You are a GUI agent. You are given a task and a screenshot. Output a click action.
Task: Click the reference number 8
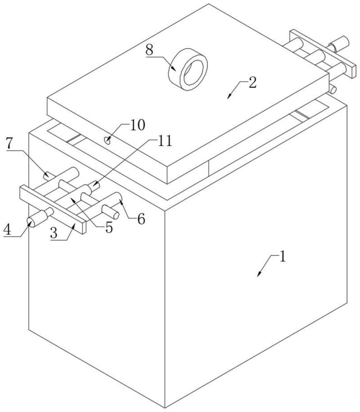149,50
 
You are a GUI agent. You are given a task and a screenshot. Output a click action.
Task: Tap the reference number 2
252,83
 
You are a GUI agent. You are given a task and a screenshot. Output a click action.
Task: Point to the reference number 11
164,141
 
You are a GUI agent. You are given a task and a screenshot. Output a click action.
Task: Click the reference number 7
9,143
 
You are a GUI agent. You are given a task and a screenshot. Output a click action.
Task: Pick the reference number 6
141,219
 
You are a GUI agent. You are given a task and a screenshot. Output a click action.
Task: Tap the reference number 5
109,227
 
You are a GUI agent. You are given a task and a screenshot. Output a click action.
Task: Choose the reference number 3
54,233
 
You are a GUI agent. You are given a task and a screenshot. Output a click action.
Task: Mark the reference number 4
7,230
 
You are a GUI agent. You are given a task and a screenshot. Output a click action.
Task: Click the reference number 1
282,257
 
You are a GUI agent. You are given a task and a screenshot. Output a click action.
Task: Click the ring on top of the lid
188,70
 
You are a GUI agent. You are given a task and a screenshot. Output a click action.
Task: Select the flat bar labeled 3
53,209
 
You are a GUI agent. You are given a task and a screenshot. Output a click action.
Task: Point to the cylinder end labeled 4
30,223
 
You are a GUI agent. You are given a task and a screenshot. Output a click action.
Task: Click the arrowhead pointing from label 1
259,274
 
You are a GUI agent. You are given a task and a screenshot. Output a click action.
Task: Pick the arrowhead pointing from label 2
229,96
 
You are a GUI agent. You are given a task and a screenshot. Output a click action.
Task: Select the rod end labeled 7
47,175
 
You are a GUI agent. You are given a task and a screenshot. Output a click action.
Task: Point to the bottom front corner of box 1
165,408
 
